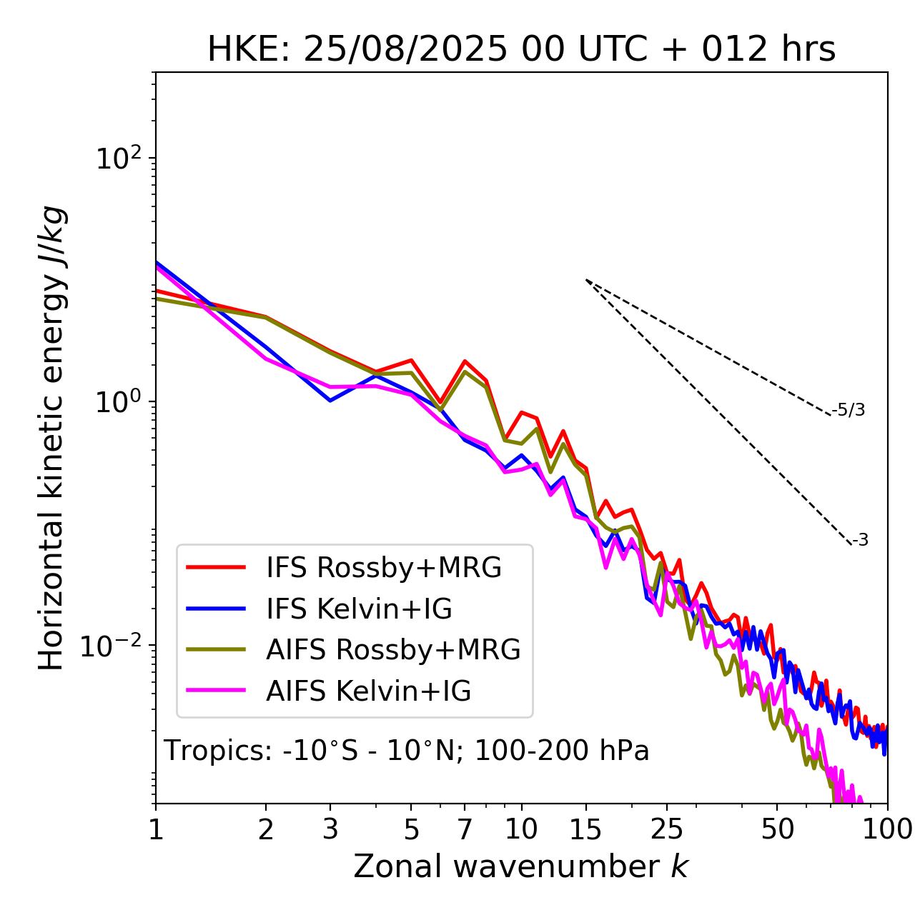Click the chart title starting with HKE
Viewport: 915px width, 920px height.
521,49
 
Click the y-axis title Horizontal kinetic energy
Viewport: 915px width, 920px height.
52,439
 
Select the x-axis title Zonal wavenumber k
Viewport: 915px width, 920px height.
520,866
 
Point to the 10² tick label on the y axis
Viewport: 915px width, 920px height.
118,158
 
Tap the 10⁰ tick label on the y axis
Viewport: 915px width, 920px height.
118,401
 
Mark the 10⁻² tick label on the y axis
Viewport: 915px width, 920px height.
114,646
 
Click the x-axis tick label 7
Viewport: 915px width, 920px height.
465,829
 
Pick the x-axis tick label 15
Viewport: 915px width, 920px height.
585,829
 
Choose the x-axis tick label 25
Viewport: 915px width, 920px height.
666,829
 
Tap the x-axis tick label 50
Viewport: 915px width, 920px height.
777,829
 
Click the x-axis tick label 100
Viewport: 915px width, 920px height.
887,829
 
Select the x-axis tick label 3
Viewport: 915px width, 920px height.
330,829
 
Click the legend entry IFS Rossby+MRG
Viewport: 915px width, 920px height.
383,567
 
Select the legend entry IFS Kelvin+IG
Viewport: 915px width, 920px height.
359,609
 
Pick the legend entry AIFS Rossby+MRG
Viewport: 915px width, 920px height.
393,649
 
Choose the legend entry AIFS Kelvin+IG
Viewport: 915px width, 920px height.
368,691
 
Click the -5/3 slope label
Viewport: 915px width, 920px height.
849,410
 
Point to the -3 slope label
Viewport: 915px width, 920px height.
860,540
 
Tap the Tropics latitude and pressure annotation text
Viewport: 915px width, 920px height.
406,751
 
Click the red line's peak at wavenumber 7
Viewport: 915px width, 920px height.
465,361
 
